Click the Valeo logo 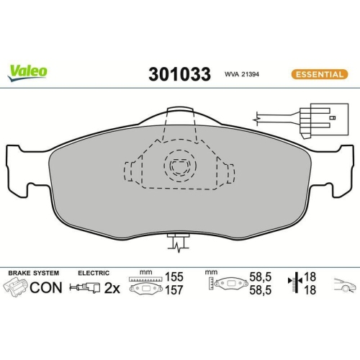28,70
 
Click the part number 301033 179,74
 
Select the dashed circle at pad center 177,168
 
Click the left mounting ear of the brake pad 20,169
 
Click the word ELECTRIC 94,273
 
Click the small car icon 344,286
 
